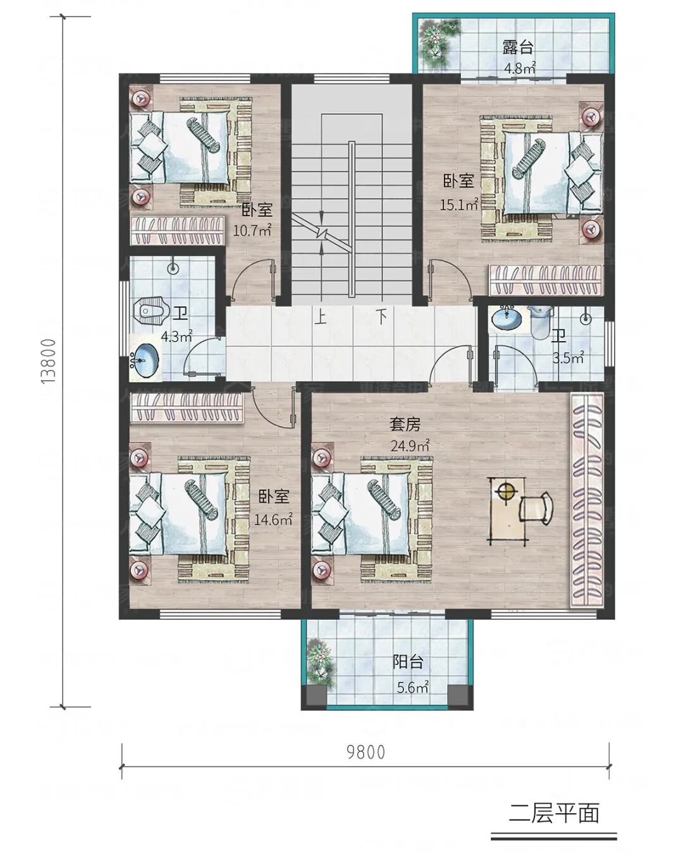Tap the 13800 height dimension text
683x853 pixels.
tap(49, 361)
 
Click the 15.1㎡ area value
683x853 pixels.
tap(458, 204)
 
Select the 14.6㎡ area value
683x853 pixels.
tap(273, 519)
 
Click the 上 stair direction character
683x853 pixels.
tap(321, 317)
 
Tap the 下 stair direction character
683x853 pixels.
tap(381, 317)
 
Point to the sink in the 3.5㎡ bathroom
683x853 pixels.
tap(507, 318)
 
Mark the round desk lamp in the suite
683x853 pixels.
tap(505, 493)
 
